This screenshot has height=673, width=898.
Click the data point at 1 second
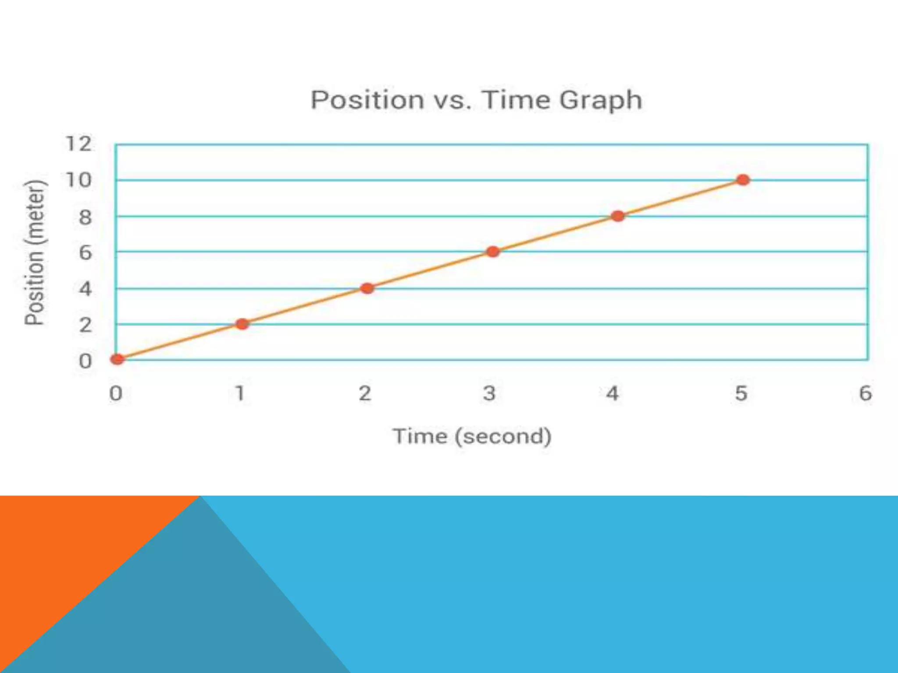click(x=242, y=324)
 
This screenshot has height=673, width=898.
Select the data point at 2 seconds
click(x=367, y=288)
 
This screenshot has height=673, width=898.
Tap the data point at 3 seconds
click(x=493, y=252)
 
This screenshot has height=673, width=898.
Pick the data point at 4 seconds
click(x=618, y=216)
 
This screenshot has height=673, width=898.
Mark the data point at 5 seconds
click(x=743, y=180)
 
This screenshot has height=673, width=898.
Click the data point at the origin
click(x=117, y=360)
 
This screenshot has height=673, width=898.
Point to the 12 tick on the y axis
click(x=79, y=144)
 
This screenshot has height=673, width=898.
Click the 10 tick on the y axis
click(x=79, y=180)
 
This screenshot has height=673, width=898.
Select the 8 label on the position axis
click(x=85, y=217)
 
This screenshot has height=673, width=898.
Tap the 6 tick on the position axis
click(x=85, y=253)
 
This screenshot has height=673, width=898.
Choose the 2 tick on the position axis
click(x=85, y=325)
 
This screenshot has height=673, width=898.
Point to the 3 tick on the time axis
click(x=489, y=393)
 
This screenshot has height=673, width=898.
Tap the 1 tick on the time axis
click(x=240, y=393)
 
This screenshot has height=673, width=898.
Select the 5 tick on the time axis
click(x=741, y=393)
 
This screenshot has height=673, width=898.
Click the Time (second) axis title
click(x=472, y=436)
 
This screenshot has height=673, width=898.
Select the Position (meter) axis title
click(x=35, y=253)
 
